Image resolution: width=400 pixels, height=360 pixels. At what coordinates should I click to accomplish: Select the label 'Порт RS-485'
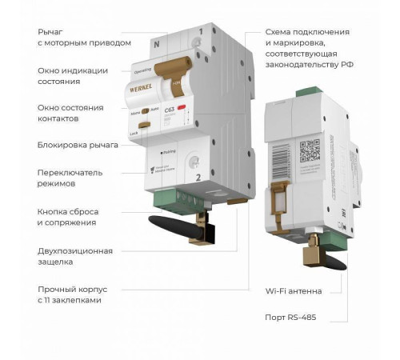tap(290, 318)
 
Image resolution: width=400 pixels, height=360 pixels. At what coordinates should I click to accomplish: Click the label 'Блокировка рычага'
tap(78, 145)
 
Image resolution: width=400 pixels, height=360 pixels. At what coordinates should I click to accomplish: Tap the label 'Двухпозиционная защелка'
tap(75, 255)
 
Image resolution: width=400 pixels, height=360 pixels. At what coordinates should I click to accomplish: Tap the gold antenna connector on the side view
tap(308, 251)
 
